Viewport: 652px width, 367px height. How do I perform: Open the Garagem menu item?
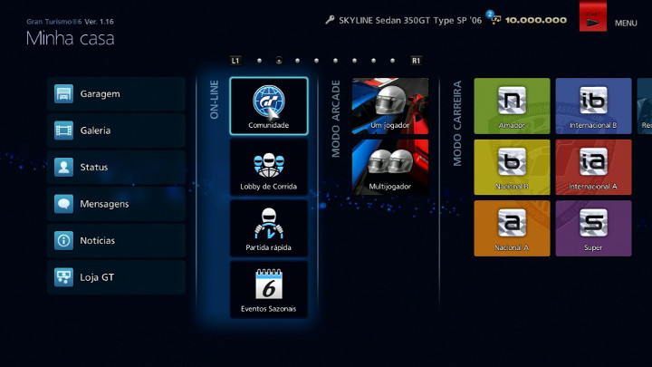116,94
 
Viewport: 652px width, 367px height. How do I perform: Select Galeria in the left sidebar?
116,130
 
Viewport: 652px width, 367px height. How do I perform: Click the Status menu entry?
116,168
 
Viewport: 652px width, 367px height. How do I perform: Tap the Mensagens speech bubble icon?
63,205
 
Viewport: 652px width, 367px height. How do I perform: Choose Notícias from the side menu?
116,241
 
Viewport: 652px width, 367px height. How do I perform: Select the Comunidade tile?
269,106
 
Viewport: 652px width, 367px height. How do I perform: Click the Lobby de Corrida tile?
269,167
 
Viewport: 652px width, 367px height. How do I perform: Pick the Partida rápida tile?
269,228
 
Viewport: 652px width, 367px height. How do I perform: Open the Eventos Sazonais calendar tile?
269,289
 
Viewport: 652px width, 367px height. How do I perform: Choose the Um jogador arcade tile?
390,106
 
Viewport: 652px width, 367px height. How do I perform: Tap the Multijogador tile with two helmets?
390,167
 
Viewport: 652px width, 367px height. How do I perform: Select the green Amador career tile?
512,106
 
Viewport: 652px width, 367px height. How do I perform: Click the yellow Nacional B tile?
512,167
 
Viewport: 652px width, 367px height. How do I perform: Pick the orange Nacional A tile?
512,228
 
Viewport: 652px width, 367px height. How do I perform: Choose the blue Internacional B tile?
593,106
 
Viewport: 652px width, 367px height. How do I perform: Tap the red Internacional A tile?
593,167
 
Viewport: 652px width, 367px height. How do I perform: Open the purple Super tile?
593,228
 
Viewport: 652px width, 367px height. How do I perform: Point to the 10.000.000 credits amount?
536,20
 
